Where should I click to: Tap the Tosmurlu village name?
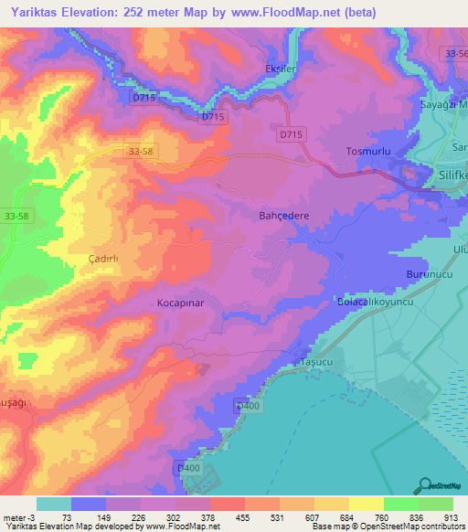(369, 151)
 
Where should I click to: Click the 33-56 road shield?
(454, 54)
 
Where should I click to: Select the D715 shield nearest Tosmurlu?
(292, 134)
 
